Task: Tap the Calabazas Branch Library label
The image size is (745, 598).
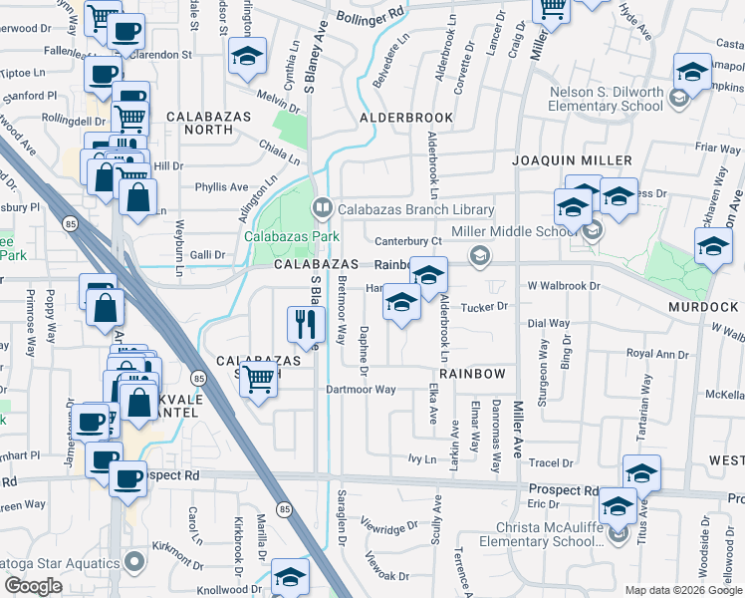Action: pos(415,209)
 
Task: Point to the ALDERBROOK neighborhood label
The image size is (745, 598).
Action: pos(406,118)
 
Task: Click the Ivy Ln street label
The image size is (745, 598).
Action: pos(422,458)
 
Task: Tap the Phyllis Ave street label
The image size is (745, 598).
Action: pos(221,186)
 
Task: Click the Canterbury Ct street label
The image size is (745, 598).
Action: pos(407,241)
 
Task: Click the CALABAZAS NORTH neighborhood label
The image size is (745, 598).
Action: pos(200,124)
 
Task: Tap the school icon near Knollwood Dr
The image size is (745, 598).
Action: pos(290,577)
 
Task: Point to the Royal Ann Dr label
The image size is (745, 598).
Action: pos(657,354)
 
